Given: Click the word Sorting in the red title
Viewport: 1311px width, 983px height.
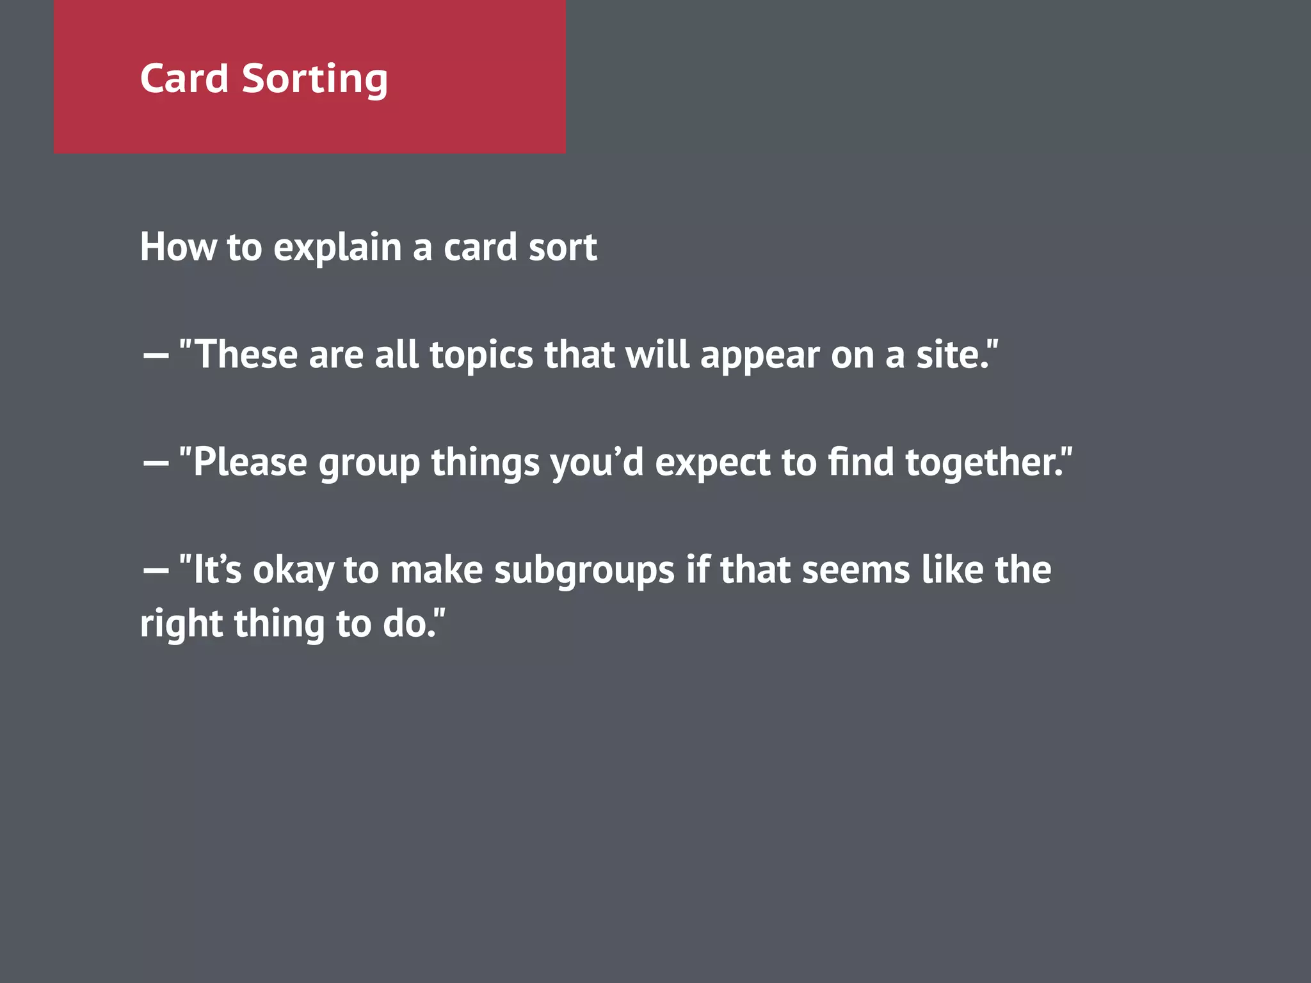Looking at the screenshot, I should pyautogui.click(x=314, y=79).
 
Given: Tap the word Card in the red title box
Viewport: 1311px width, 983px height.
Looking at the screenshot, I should pyautogui.click(x=184, y=79).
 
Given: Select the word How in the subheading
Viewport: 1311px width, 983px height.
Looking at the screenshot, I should pyautogui.click(x=178, y=247).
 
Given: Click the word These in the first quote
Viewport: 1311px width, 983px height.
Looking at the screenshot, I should pyautogui.click(x=245, y=355).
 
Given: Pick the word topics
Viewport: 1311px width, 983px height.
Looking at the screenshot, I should pyautogui.click(x=481, y=356).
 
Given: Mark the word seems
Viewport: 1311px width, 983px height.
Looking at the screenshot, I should pyautogui.click(x=855, y=570).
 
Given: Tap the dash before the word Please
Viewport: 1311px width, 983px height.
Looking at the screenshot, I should pyautogui.click(x=156, y=463).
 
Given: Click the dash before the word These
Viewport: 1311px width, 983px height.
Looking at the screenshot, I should pyautogui.click(x=156, y=355).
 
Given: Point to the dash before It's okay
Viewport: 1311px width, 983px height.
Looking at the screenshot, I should pyautogui.click(x=156, y=570).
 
